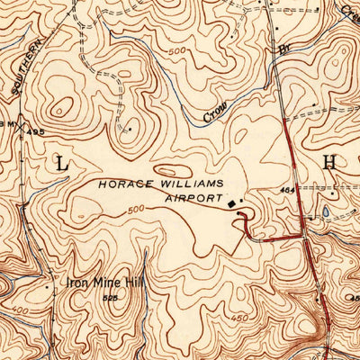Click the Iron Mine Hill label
point(105,282)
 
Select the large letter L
point(61,163)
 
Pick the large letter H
point(329,162)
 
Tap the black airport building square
point(231,204)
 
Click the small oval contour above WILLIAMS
point(170,168)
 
